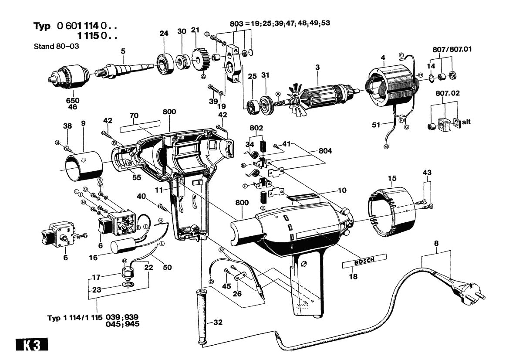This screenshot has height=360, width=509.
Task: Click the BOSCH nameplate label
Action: click(358, 263)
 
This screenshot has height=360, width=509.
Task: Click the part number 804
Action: click(325, 151)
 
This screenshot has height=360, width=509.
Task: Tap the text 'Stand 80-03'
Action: click(56, 46)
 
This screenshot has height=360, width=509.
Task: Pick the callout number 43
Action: click(427, 173)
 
